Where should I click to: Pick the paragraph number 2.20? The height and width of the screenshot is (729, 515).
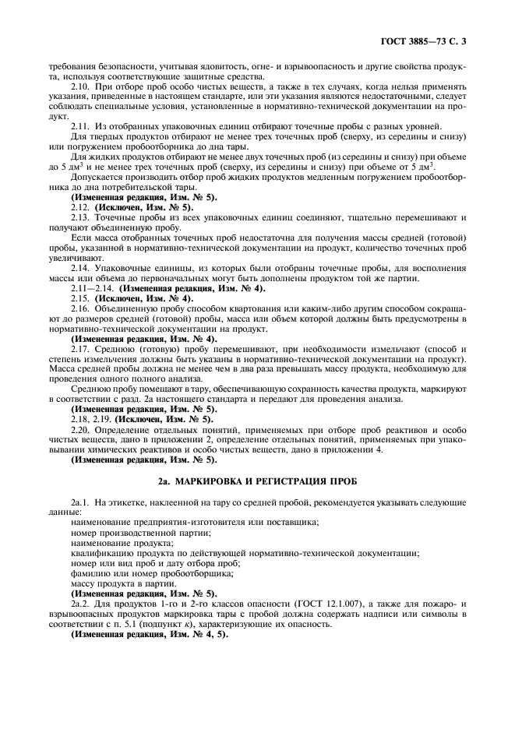point(80,430)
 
